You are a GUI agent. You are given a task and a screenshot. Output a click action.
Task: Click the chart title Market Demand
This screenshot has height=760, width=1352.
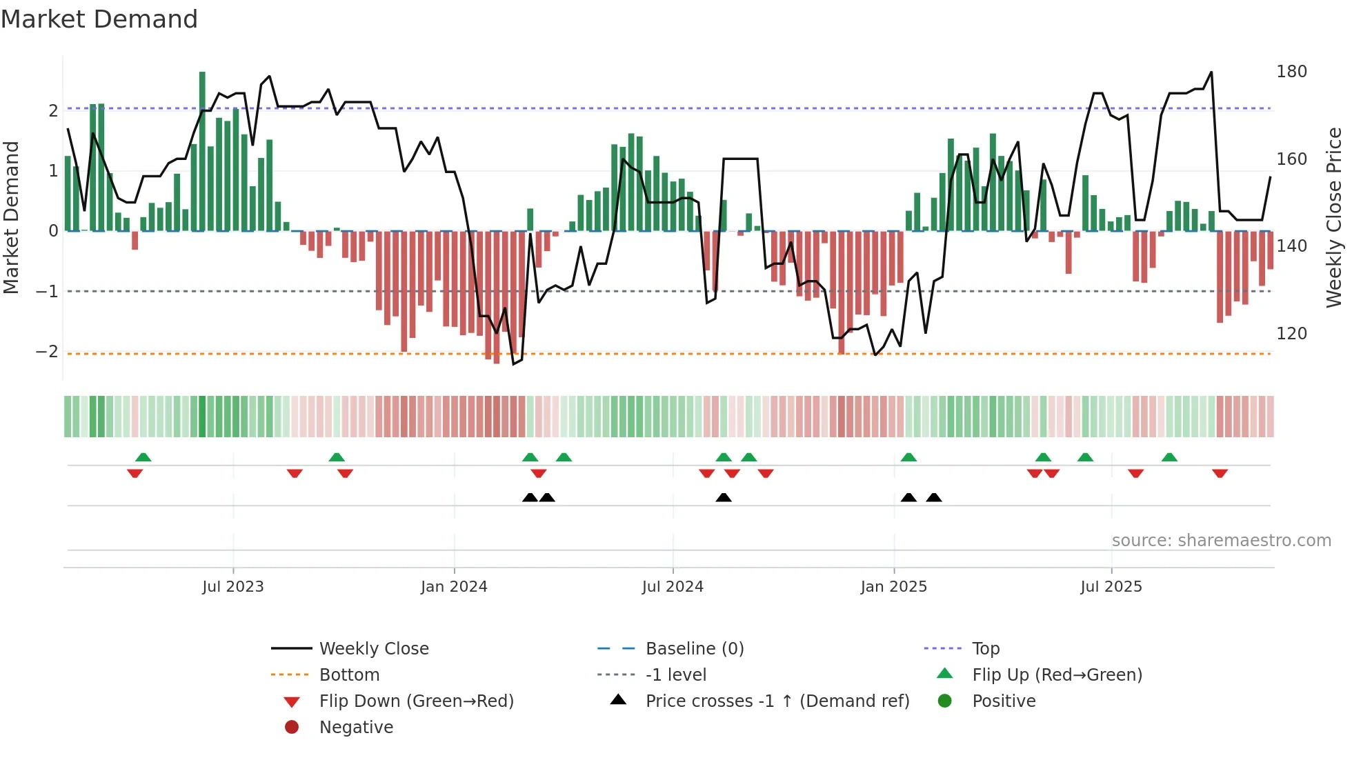click(99, 19)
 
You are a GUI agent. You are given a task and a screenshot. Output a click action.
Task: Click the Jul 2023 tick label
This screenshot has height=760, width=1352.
click(232, 587)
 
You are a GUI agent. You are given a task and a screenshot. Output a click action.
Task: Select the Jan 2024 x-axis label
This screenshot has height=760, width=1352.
click(454, 587)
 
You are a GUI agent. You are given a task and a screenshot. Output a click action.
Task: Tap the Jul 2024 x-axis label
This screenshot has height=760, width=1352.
click(673, 587)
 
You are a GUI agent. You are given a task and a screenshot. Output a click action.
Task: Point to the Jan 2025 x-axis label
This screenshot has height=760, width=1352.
click(894, 587)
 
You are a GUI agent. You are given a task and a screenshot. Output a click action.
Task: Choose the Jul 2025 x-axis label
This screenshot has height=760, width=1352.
click(1111, 587)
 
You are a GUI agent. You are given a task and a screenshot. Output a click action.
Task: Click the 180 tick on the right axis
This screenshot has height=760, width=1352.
click(1291, 72)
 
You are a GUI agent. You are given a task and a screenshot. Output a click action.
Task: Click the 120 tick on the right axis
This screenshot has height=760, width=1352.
click(1291, 334)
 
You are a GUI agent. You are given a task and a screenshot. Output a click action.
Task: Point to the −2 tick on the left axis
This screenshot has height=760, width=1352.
click(47, 352)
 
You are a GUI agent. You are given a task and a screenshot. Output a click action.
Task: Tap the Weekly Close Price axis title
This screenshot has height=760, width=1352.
click(1334, 217)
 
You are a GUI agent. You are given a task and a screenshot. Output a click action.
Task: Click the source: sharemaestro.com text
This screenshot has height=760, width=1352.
click(1221, 541)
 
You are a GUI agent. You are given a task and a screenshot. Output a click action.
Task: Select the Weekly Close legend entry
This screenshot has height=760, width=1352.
click(373, 649)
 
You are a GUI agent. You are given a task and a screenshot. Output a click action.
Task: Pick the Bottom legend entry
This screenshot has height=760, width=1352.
click(349, 675)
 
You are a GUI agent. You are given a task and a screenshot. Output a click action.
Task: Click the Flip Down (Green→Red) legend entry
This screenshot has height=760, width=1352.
click(416, 701)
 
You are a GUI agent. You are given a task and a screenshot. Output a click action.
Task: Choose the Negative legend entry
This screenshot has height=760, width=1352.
click(356, 728)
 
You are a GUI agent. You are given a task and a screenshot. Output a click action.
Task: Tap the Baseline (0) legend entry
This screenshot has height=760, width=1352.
click(694, 649)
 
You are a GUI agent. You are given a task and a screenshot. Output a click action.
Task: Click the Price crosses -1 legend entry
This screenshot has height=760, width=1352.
click(777, 701)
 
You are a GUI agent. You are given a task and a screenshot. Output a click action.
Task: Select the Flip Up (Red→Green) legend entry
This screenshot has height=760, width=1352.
click(1057, 675)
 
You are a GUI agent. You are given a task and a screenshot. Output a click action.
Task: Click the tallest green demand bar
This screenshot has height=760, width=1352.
click(202, 152)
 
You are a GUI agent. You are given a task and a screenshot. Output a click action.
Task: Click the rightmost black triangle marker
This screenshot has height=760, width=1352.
click(934, 498)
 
